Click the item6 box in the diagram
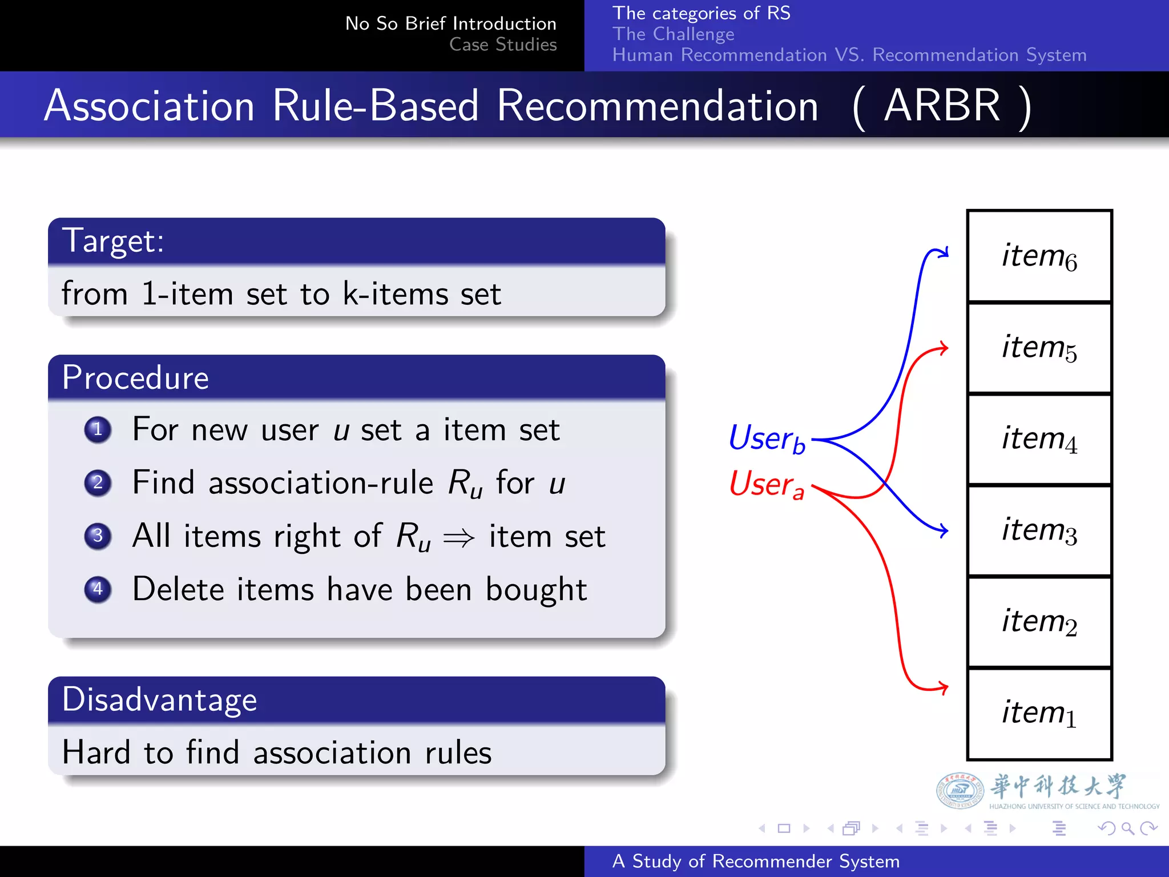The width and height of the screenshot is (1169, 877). (x=1039, y=256)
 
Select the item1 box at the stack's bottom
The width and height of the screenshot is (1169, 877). (x=1039, y=714)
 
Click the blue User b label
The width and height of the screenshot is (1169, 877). (x=767, y=438)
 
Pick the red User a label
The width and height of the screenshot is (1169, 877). (x=767, y=484)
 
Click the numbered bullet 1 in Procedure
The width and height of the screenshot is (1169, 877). (x=98, y=429)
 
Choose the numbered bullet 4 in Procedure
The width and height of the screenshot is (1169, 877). (x=98, y=589)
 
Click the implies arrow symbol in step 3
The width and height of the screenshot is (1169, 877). (x=459, y=537)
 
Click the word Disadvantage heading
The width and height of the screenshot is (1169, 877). (x=159, y=699)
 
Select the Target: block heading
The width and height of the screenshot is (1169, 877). (x=113, y=240)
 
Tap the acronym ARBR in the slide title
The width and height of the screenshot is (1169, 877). (x=942, y=106)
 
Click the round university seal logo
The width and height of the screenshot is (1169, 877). (x=960, y=791)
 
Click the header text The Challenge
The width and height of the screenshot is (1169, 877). (x=673, y=34)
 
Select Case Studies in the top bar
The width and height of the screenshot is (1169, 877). (x=502, y=45)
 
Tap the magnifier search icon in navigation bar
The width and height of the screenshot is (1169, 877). (x=1127, y=828)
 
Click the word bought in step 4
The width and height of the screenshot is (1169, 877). (x=536, y=590)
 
